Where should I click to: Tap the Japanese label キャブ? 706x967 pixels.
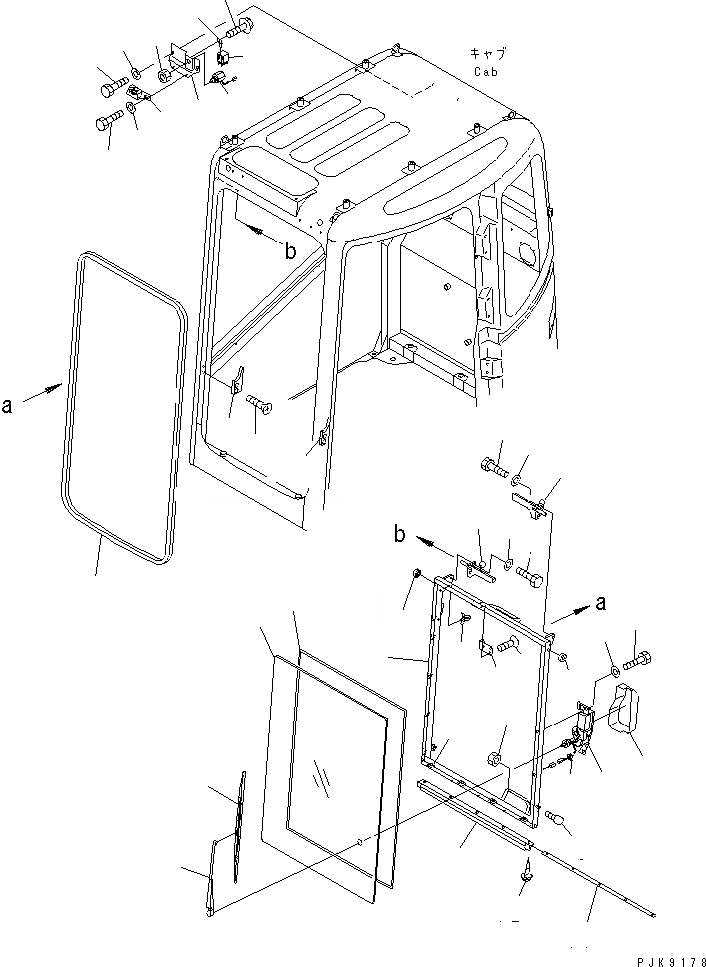[x=488, y=54]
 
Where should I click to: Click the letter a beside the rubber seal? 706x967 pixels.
[x=8, y=404]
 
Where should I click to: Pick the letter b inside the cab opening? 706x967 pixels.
[x=290, y=252]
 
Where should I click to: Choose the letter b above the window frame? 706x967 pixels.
[x=399, y=536]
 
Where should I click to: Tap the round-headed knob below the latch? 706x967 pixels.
[x=560, y=820]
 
